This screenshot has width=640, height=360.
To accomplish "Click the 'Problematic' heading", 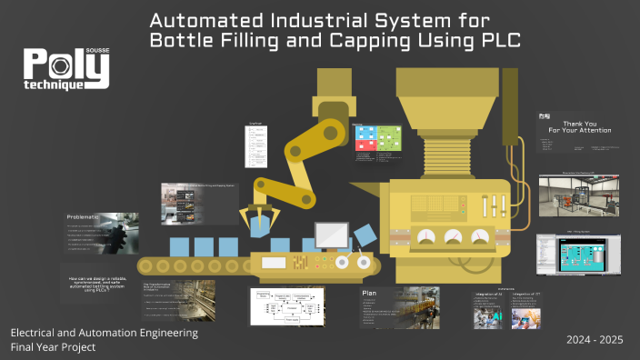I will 88,218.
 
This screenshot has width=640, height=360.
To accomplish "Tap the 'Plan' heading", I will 369,294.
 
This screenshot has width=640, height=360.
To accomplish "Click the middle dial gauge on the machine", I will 452,237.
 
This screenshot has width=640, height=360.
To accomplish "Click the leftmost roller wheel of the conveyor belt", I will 145,265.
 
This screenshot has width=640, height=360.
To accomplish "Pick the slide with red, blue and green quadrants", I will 377,138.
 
